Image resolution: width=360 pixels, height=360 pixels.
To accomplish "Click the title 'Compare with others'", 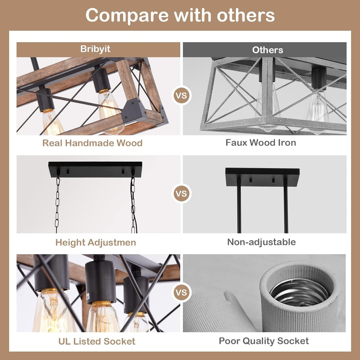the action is (180, 15).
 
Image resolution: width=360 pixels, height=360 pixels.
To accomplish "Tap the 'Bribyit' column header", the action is (95, 49).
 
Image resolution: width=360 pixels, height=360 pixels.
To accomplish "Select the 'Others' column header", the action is (268, 50).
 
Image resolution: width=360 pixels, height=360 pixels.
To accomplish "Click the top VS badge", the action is (181, 95).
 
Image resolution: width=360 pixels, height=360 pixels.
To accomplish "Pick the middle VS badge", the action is (181, 194).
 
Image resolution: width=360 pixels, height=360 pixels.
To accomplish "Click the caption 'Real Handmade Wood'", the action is (92, 143).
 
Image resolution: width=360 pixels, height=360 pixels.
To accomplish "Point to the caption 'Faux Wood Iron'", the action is (261, 143).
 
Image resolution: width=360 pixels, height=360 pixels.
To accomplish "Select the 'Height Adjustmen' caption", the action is (96, 243).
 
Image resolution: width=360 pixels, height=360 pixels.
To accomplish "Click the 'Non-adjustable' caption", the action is (261, 242).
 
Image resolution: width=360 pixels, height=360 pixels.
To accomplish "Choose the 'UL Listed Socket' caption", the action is (97, 341).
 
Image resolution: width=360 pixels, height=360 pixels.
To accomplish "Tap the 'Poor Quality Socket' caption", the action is (264, 341).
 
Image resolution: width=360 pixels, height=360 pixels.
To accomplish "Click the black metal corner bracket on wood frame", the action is (134, 110).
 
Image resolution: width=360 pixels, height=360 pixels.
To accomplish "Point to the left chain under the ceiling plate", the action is (57, 204).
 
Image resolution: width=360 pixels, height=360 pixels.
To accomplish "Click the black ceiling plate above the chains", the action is (95, 169).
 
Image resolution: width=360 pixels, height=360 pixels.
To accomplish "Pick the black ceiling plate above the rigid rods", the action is (262, 177).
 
